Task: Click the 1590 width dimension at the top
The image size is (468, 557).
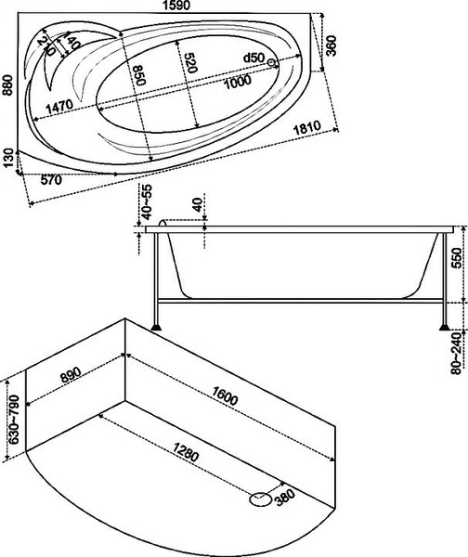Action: (x=177, y=5)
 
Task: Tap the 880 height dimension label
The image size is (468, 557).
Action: (x=7, y=85)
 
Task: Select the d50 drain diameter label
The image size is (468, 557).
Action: (x=253, y=58)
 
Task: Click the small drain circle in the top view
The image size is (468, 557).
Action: (x=272, y=63)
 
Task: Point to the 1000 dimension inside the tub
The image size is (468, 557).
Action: (x=238, y=82)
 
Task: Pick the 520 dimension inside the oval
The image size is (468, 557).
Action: (x=190, y=63)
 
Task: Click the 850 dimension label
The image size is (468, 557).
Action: (x=138, y=75)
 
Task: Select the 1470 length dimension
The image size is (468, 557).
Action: (x=59, y=106)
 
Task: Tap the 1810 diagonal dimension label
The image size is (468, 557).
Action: (x=307, y=127)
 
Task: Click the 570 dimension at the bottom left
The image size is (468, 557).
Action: (x=51, y=180)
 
